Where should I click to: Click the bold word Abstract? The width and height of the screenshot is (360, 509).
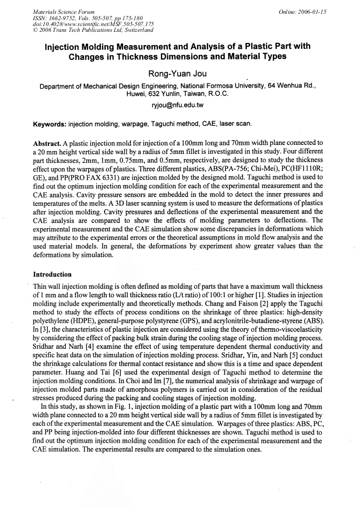point(46,143)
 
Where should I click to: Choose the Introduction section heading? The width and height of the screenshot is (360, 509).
point(52,274)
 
